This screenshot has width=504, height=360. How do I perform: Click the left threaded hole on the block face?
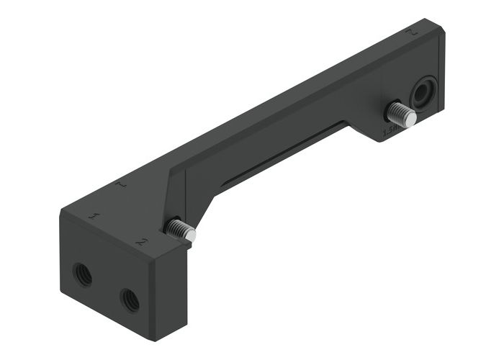pyautogui.click(x=82, y=274)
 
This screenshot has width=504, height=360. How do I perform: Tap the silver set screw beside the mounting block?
pyautogui.click(x=179, y=230)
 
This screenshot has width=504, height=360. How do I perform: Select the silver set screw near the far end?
pyautogui.click(x=400, y=114)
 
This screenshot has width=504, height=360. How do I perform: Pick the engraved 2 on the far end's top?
pyautogui.click(x=411, y=32)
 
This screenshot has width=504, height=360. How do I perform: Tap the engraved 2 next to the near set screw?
pyautogui.click(x=141, y=242)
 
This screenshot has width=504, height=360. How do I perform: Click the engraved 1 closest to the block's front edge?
pyautogui.click(x=93, y=215)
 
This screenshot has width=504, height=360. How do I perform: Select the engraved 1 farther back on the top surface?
pyautogui.click(x=122, y=185)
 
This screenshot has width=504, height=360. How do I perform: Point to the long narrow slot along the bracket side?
pyautogui.click(x=281, y=153)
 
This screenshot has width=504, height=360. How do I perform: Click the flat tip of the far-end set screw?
pyautogui.click(x=410, y=119)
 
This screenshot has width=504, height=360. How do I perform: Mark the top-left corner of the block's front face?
pyautogui.click(x=60, y=212)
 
